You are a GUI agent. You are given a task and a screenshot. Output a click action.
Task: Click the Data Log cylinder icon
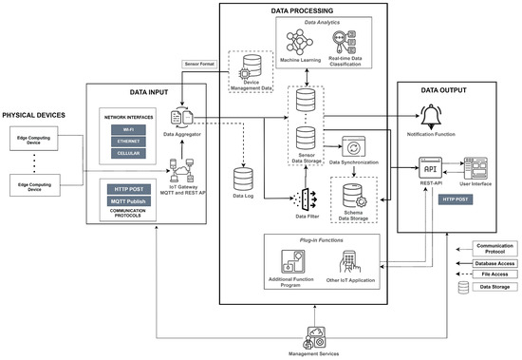click(242, 178)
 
